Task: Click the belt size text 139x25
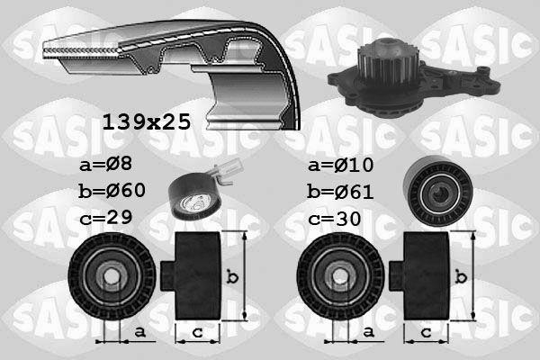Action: click(148, 122)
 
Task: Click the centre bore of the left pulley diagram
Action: click(109, 275)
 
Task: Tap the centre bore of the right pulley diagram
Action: click(337, 275)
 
